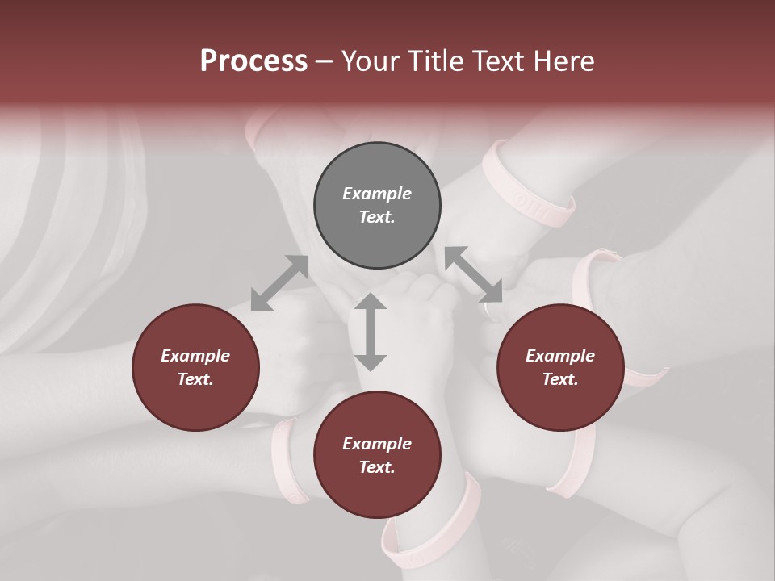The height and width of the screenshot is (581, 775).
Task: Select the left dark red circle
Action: click(x=195, y=367)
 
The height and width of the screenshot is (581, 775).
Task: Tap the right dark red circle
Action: click(x=560, y=367)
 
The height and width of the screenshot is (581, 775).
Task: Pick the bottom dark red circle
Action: click(x=377, y=455)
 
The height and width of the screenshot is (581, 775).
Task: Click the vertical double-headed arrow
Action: click(x=371, y=332)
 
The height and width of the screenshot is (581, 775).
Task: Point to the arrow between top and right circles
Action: click(x=474, y=274)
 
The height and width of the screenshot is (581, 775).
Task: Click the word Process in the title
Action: click(x=253, y=61)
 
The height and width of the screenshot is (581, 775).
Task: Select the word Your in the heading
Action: click(x=367, y=61)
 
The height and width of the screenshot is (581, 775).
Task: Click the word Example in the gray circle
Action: click(x=377, y=194)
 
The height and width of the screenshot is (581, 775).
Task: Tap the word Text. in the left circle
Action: click(x=195, y=379)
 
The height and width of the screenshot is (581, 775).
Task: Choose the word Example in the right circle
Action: click(x=560, y=356)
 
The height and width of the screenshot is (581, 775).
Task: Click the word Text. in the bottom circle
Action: click(x=377, y=467)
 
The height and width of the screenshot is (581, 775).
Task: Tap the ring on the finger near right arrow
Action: click(x=490, y=309)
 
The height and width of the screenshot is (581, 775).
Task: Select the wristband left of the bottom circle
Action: click(x=287, y=460)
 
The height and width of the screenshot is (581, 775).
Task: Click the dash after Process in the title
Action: click(x=325, y=61)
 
